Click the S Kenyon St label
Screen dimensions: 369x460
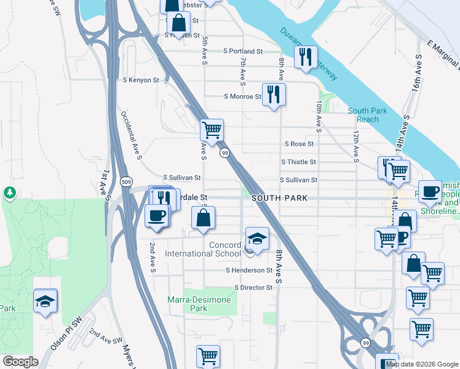pos(141,80)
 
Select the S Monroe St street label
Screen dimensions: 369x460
pos(243,97)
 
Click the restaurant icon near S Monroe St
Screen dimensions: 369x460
pos(273,94)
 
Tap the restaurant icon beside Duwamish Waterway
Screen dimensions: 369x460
pos(306,57)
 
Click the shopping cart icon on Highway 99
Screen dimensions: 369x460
pos(212,130)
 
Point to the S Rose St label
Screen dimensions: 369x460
pos(299,144)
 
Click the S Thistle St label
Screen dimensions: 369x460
pos(298,162)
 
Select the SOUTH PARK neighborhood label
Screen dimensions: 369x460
pos(279,197)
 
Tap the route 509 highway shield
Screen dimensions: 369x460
pos(126,182)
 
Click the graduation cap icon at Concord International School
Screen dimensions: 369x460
pos(258,238)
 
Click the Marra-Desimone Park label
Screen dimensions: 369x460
pos(199,304)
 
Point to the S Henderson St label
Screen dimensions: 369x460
pos(248,270)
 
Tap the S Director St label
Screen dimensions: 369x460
pos(253,288)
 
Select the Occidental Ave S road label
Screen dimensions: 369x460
pos(132,135)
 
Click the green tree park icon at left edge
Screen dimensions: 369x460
pos(9,192)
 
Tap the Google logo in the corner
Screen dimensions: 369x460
pos(20,362)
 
